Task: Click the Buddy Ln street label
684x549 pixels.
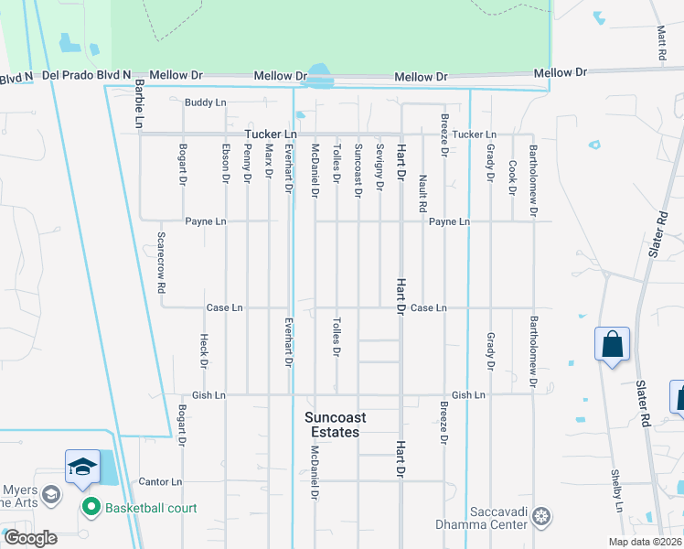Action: (x=205, y=102)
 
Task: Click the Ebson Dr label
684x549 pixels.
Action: (x=226, y=161)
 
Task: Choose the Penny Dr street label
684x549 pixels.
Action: (x=247, y=162)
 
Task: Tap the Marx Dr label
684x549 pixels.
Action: (x=269, y=161)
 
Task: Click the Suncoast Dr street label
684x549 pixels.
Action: (x=358, y=161)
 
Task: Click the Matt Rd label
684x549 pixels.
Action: (x=661, y=44)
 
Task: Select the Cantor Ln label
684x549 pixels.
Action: (x=160, y=481)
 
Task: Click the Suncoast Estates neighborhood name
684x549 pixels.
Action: (x=335, y=425)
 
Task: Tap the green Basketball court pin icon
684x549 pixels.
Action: (x=91, y=506)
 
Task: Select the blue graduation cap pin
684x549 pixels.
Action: (x=82, y=468)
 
